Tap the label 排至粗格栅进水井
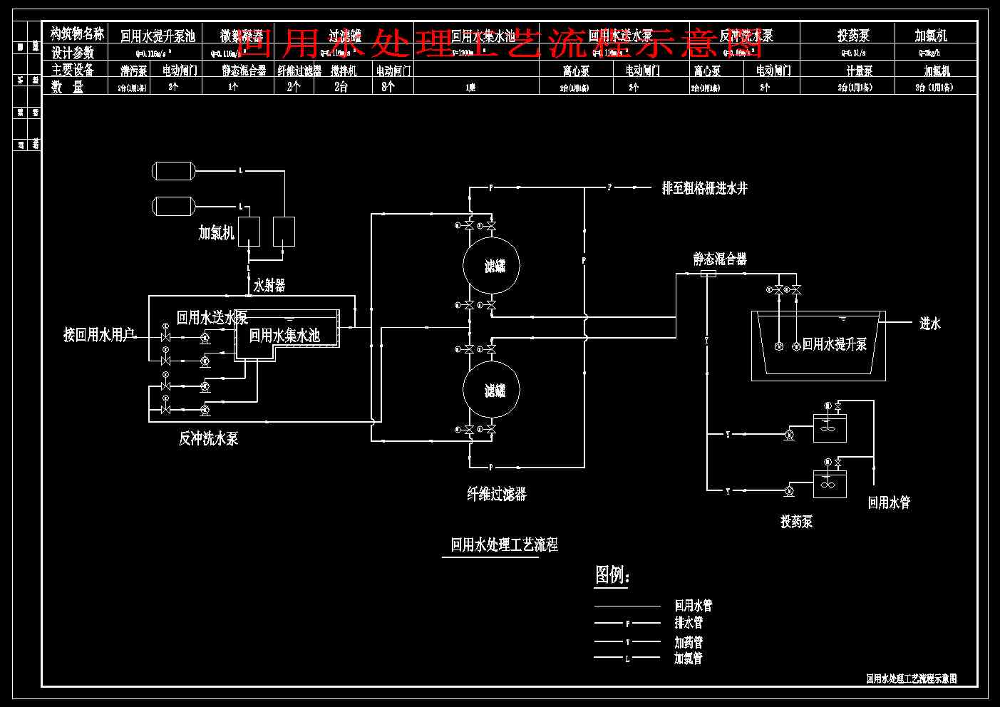(704, 188)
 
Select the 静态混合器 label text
(720, 259)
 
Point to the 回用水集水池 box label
(284, 335)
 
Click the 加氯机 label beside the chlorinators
(216, 233)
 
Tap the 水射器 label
(269, 286)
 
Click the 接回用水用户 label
(99, 335)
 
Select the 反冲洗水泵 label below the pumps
(208, 439)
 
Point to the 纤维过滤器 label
(497, 494)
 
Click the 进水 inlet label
(929, 324)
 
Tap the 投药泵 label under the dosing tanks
(796, 522)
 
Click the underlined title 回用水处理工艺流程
(504, 545)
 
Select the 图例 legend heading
(612, 574)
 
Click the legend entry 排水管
(689, 623)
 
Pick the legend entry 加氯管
(689, 659)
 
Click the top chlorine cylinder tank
(173, 170)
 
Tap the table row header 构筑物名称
(77, 33)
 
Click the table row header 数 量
(68, 87)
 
